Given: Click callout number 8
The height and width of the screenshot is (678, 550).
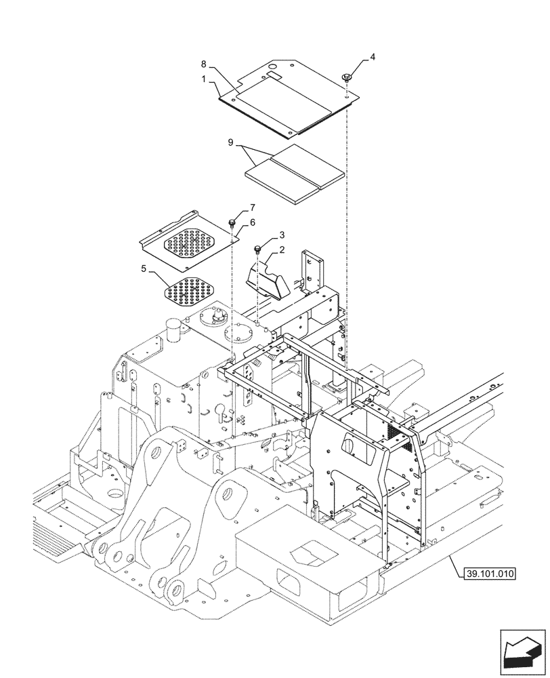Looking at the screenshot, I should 203,64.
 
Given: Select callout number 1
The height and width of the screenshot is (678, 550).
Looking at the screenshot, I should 203,79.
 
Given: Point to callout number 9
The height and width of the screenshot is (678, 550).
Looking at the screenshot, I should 231,143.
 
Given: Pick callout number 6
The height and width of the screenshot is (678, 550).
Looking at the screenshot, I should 253,222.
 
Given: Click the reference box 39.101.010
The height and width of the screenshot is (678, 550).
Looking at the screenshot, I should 490,574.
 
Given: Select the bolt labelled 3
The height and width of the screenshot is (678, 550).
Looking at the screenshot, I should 258,248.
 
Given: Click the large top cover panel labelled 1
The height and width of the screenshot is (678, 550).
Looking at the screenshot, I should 284,98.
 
